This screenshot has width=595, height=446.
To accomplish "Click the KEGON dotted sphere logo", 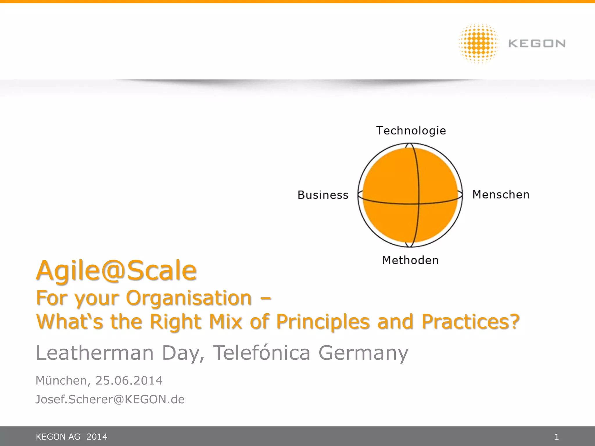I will tap(478, 44).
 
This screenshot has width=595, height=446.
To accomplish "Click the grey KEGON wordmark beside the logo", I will tap(537, 44).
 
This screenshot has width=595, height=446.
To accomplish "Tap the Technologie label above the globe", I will tap(411, 131).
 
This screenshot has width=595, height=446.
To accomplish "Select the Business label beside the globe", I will tap(323, 195).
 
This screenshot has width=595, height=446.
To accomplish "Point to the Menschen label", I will tap(501, 195).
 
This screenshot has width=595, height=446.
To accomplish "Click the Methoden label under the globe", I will tap(410, 260).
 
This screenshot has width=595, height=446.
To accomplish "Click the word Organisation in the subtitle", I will tap(189, 298).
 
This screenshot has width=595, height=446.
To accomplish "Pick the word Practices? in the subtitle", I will tap(470, 321).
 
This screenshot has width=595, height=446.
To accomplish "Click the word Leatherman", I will tap(95, 353).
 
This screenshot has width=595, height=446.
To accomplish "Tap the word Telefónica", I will tap(261, 353).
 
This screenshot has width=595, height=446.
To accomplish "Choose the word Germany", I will tap(363, 353).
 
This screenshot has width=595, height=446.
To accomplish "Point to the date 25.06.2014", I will tap(129, 381).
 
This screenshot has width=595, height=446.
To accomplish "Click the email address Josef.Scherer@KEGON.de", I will tap(110, 399).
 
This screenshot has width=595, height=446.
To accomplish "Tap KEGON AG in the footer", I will tap(58, 437).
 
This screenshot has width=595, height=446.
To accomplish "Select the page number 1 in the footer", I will tap(557, 437).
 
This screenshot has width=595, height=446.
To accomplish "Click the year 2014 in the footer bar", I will tap(97, 437).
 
